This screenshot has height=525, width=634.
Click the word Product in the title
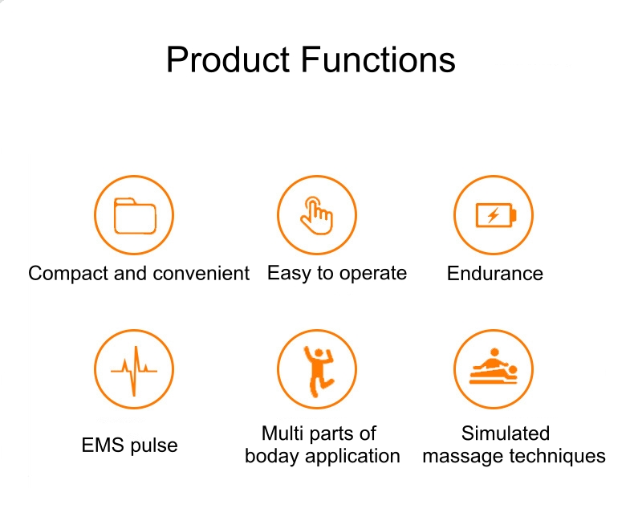pos(228,59)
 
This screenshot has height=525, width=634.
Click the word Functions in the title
pos(378,59)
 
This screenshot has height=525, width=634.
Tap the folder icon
pos(135,216)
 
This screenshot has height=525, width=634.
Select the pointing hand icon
pos(316,215)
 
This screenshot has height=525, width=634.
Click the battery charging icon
pos(496,215)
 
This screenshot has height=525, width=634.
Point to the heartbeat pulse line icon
pos(134,371)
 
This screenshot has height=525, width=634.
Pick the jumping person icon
pos(319,371)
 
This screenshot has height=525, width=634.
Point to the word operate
pos(373,275)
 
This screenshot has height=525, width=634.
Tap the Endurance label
pos(495,274)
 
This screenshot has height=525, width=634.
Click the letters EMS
pos(103,446)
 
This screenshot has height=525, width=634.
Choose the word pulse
pos(154,446)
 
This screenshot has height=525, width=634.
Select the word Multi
pos(282,433)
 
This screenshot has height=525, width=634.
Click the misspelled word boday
pos(272,457)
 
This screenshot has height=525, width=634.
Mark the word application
pos(352,457)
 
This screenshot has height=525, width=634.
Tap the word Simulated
pos(506,433)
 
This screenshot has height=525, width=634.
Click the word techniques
pos(557,457)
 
